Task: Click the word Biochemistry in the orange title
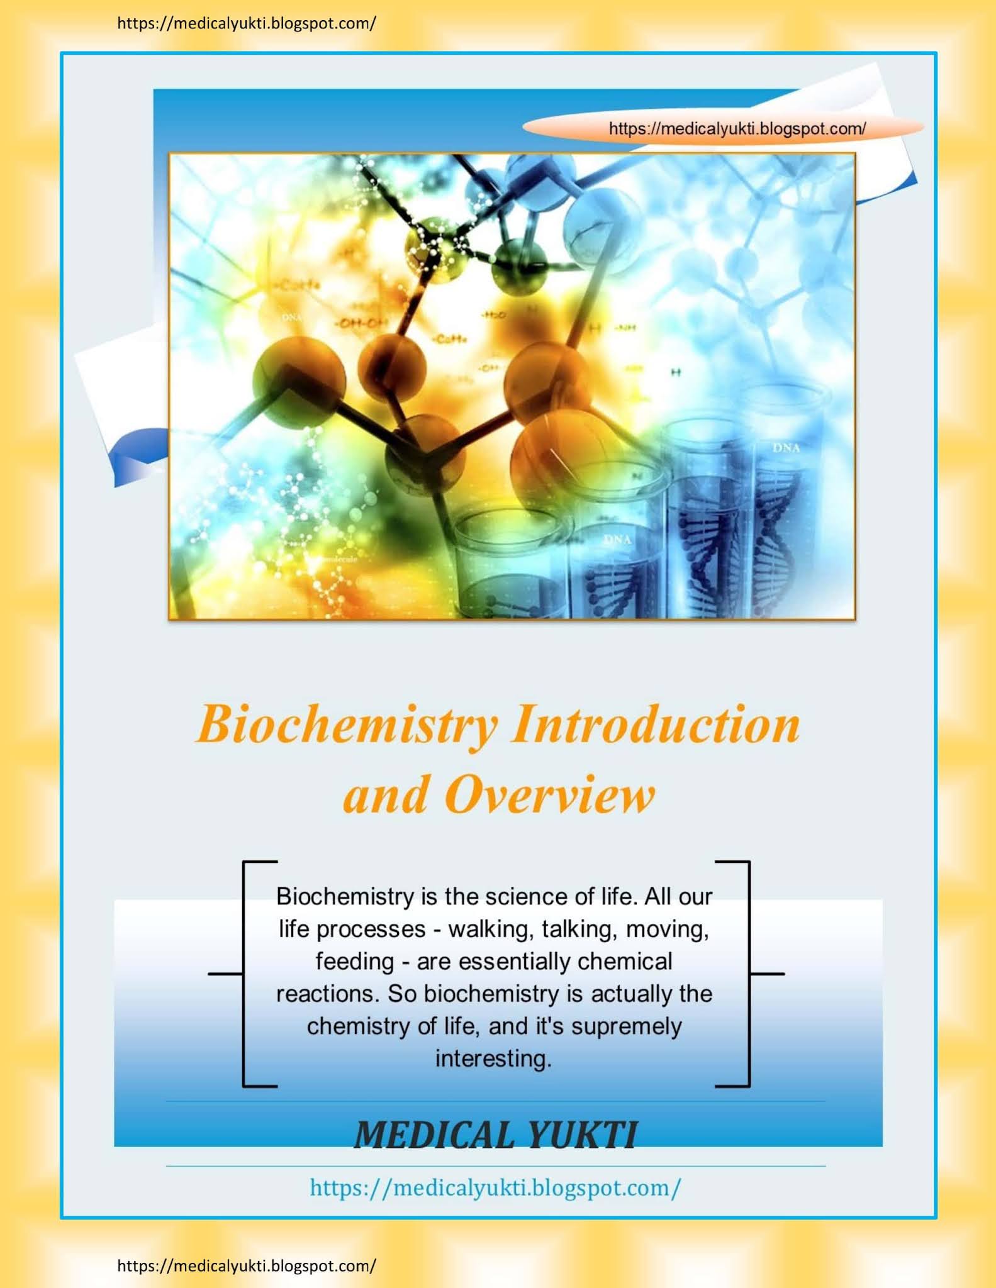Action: pos(347,725)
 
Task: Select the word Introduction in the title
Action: pos(656,724)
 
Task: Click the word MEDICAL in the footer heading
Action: pos(434,1135)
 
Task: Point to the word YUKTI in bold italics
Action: pos(582,1135)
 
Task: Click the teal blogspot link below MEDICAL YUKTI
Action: pos(495,1187)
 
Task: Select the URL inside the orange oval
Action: pos(737,129)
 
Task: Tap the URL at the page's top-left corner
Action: pos(247,24)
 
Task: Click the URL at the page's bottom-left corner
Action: pos(247,1266)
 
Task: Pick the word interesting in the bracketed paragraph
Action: pos(493,1058)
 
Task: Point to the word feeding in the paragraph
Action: pos(355,962)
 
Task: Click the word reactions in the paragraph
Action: pos(328,994)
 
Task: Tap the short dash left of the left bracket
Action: pos(225,974)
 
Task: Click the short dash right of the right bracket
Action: pos(768,974)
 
